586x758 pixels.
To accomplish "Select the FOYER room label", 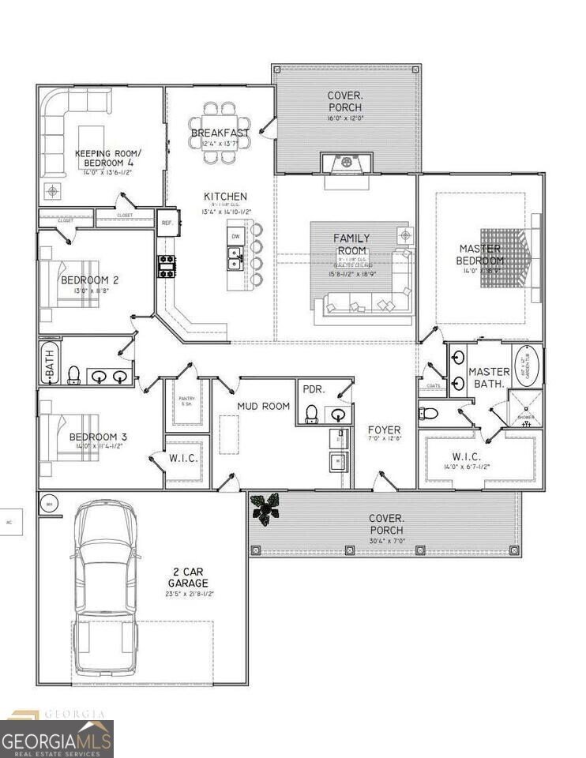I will pos(385,430).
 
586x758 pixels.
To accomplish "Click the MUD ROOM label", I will pos(263,406).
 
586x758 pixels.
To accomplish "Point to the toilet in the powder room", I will pos(312,414).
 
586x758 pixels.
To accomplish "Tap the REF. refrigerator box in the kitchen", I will pos(167,223).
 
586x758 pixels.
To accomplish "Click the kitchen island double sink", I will pos(235,257).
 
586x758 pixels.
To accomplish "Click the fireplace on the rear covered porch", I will pos(346,163).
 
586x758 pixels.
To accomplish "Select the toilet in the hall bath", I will pos(74,373).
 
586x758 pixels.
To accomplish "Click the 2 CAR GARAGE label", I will pos(187,576).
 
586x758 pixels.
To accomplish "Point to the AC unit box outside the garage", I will pos(10,522).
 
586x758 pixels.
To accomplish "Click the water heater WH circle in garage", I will pos(49,504).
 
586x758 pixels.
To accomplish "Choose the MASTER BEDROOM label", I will pos(481,255).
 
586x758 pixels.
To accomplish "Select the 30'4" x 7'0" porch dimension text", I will pos(387,541).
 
